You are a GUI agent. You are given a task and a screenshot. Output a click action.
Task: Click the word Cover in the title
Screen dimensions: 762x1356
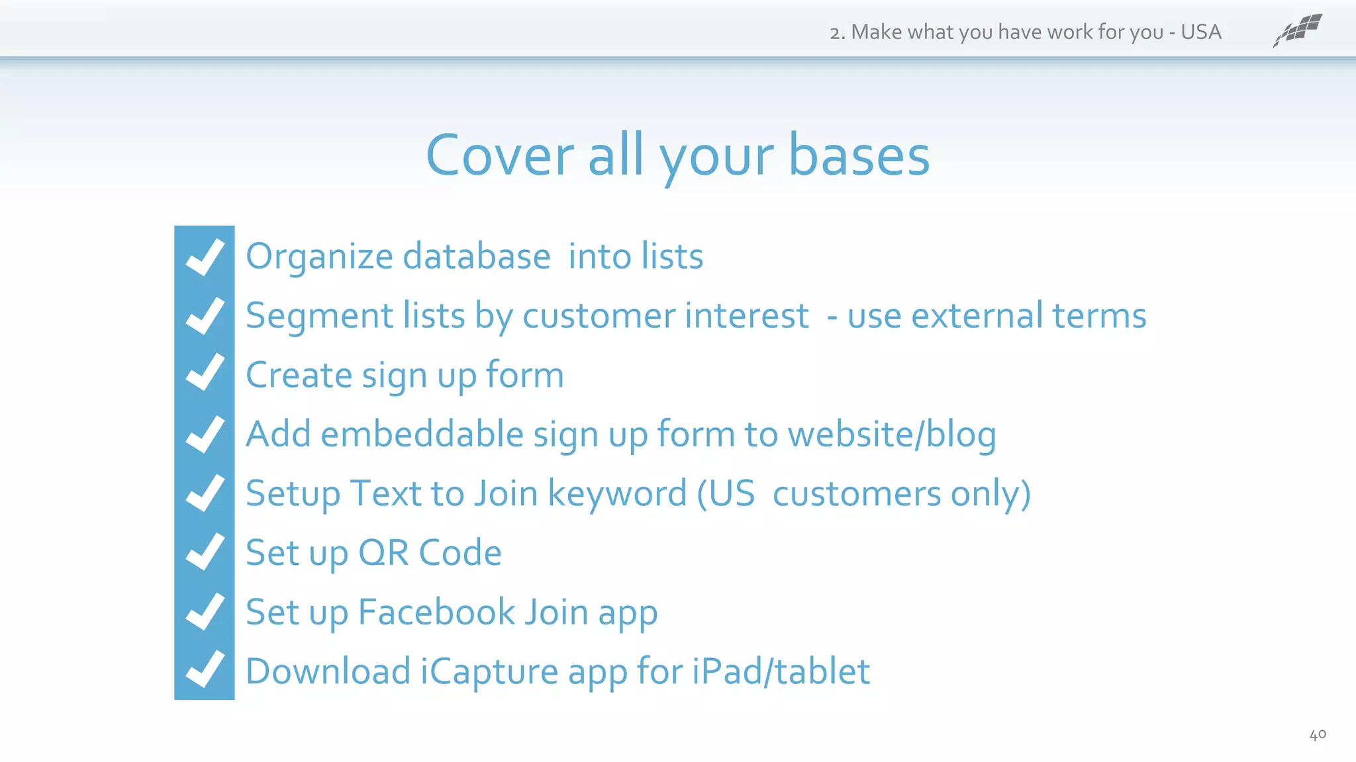click(500, 156)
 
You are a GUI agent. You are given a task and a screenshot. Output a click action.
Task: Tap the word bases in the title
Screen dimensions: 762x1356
click(859, 156)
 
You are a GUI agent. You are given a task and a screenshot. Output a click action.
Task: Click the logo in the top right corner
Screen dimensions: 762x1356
click(1297, 30)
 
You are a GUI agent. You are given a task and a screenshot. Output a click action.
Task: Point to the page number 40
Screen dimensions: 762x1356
click(1317, 734)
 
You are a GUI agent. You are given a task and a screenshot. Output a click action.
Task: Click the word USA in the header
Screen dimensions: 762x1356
click(1200, 32)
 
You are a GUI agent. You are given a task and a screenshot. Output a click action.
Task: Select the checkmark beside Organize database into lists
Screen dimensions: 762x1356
click(205, 257)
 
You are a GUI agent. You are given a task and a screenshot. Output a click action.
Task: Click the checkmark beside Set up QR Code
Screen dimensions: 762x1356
click(205, 552)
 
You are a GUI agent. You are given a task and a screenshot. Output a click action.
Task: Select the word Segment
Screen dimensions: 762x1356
click(319, 316)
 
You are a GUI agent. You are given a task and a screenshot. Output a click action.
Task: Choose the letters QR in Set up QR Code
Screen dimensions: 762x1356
click(383, 553)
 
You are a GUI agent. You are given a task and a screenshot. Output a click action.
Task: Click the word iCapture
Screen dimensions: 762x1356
click(489, 672)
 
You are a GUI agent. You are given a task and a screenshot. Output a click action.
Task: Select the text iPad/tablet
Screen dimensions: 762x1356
click(781, 671)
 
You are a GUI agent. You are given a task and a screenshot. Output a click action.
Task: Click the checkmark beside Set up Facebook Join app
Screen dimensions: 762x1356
click(205, 611)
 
